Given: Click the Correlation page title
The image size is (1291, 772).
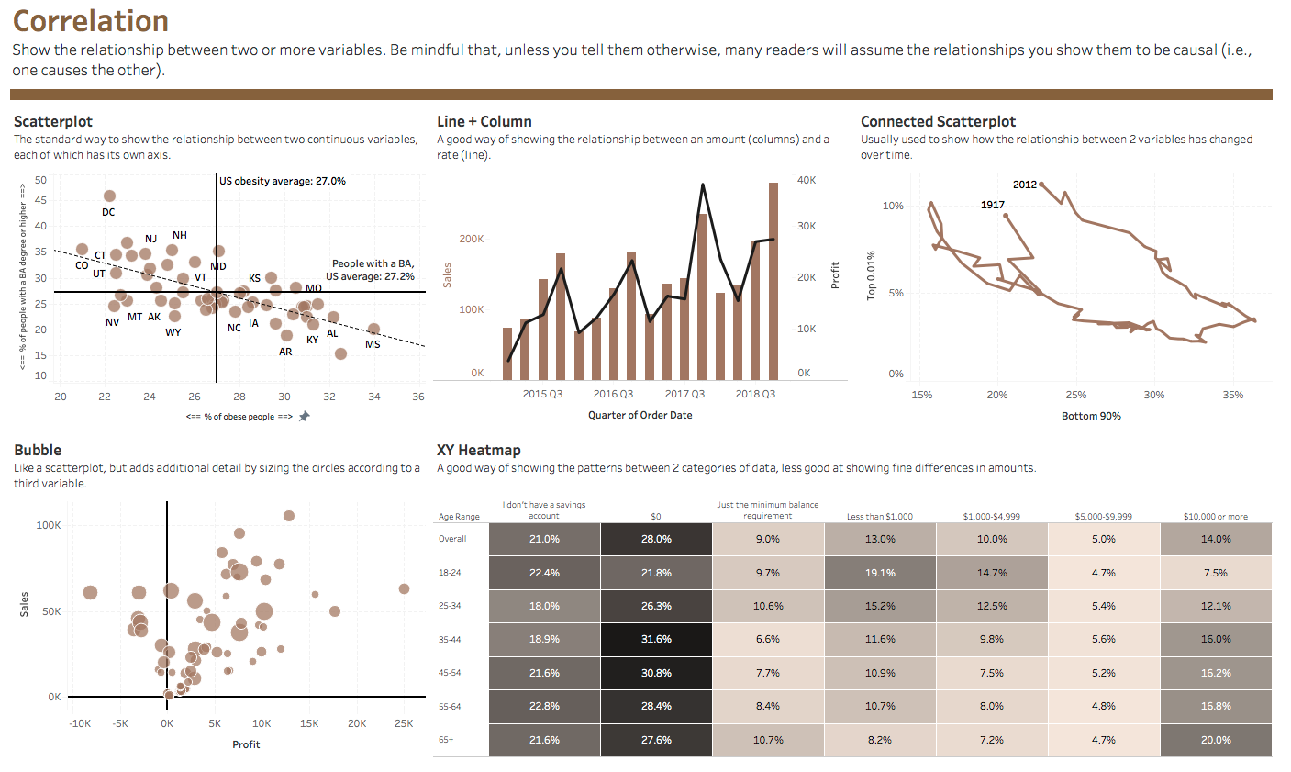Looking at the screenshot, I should (x=91, y=21).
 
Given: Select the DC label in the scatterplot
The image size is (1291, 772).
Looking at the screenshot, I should (x=108, y=212).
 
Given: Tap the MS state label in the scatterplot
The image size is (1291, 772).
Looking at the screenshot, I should (x=373, y=344).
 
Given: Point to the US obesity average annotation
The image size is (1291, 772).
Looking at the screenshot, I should (x=283, y=181).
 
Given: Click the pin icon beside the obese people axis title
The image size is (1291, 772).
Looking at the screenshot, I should (x=305, y=416).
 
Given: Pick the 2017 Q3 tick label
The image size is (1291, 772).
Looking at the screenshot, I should (x=684, y=394).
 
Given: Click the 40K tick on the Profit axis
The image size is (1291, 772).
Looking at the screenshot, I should (x=806, y=180).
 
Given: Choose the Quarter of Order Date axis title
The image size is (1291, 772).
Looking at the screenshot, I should (x=640, y=415).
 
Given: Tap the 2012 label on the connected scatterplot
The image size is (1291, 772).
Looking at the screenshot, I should (x=1024, y=185).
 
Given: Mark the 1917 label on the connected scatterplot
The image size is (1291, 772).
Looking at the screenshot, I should (x=992, y=205).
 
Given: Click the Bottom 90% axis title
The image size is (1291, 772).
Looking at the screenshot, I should (x=1091, y=416).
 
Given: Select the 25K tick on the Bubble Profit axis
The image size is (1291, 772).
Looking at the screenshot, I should (x=404, y=723).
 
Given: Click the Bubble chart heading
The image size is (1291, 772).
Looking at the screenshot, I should (x=38, y=450).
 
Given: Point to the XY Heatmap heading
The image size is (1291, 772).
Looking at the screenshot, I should (x=478, y=450).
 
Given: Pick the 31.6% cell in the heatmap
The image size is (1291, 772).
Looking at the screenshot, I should (x=656, y=639).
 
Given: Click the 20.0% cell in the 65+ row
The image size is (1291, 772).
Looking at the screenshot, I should (x=1216, y=740).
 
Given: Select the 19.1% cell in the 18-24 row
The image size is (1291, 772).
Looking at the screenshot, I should (x=880, y=573).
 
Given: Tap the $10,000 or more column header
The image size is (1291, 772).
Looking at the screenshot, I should (x=1216, y=517).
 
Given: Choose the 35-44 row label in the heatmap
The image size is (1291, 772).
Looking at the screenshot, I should (x=450, y=639).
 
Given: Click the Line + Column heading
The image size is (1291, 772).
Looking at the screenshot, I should (x=484, y=121).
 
